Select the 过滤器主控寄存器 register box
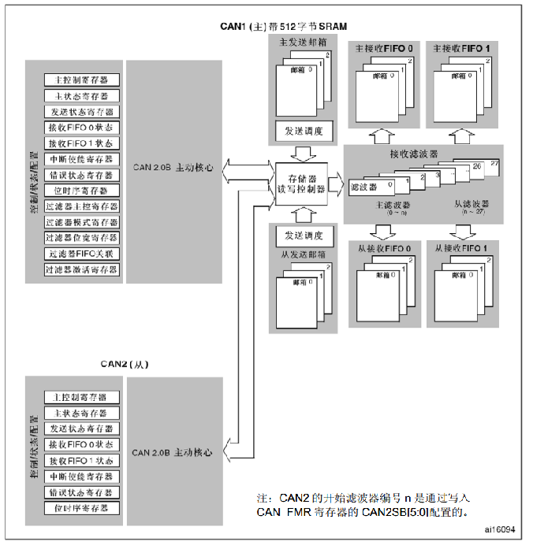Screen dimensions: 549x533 pos(82,206)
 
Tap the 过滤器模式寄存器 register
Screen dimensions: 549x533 pos(82,222)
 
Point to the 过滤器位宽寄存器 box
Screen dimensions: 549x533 pos(82,238)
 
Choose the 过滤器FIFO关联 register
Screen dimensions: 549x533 pos(82,254)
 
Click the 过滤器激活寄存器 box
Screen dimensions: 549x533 pos(82,269)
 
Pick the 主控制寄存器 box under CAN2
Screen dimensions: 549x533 pos(82,397)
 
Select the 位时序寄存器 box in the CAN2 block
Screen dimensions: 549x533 pos(82,507)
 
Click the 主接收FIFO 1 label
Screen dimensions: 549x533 pos(461,49)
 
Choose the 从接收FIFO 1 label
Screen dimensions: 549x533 pos(461,248)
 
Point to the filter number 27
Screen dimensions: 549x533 pos(495,162)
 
